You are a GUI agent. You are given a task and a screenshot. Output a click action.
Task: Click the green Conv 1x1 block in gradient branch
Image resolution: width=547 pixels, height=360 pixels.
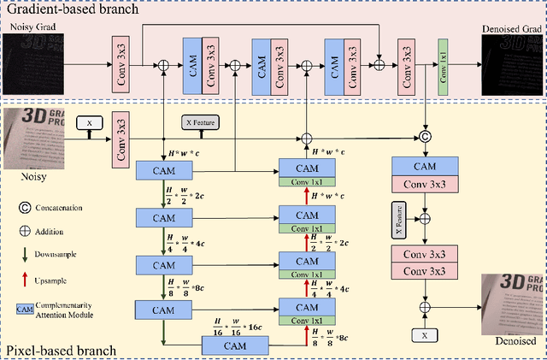coord(443,64)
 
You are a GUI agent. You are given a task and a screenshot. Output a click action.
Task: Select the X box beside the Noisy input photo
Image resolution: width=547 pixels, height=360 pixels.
coord(88,123)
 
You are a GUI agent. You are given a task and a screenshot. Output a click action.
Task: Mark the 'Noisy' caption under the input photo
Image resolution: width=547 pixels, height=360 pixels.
coord(32,178)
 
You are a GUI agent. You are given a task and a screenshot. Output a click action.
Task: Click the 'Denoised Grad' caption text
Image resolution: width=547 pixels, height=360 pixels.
coord(513,28)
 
